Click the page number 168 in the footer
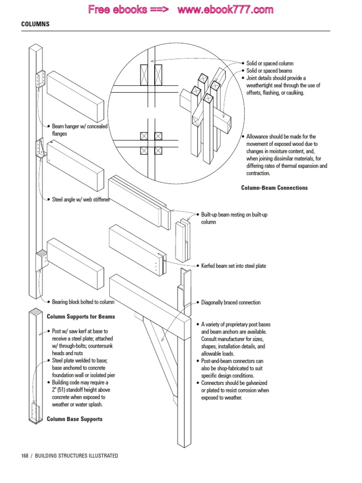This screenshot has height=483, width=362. [x=25, y=456]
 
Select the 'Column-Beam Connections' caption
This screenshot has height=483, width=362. [x=274, y=188]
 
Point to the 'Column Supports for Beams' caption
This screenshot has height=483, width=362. [x=81, y=316]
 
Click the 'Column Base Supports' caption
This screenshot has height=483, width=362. [x=74, y=419]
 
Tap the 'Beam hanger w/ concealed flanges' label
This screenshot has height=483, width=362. [x=80, y=130]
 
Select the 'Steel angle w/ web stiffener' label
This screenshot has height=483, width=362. [x=81, y=200]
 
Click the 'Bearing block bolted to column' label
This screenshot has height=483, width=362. [x=83, y=302]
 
